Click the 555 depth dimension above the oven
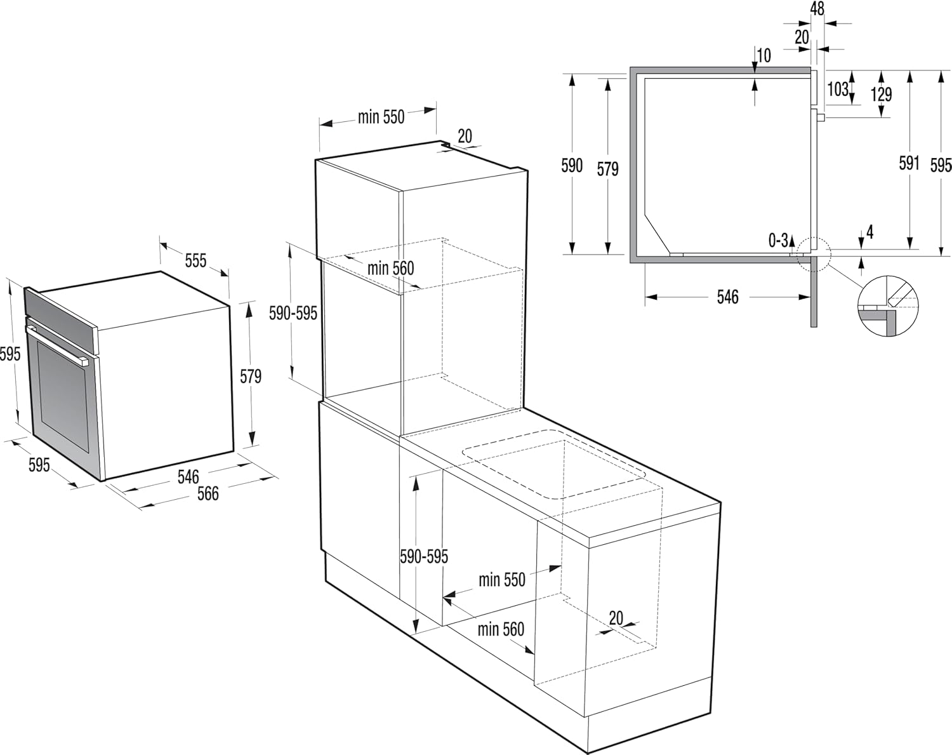click(x=196, y=260)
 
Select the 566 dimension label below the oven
click(x=208, y=493)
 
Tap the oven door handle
click(x=56, y=344)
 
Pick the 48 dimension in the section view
click(x=817, y=9)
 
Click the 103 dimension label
click(x=838, y=89)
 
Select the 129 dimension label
click(x=881, y=95)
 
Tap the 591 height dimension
click(x=909, y=163)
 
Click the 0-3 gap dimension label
click(x=778, y=240)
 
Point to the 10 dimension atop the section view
click(x=764, y=56)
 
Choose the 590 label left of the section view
click(x=572, y=166)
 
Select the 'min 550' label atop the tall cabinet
click(x=381, y=117)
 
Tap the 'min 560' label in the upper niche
click(x=390, y=268)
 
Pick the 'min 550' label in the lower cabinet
click(x=502, y=579)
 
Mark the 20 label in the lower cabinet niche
click(x=616, y=617)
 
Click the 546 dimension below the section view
click(x=727, y=297)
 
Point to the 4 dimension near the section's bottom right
click(x=869, y=232)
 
